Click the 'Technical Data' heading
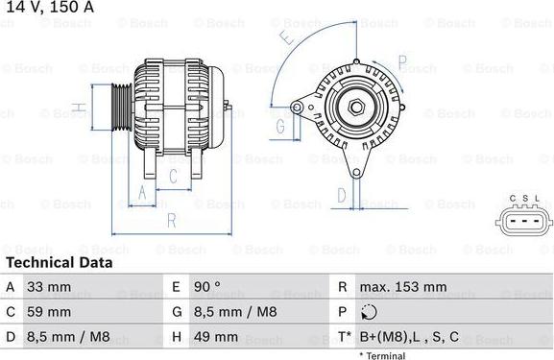[59, 262]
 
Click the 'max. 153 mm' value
[402, 287]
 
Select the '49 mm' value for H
[218, 337]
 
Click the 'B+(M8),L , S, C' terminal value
[409, 337]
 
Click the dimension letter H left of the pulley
[84, 107]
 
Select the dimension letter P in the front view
[402, 65]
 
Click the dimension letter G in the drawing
[282, 126]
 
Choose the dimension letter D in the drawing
[341, 195]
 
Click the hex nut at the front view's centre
[353, 107]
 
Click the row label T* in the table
[343, 337]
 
